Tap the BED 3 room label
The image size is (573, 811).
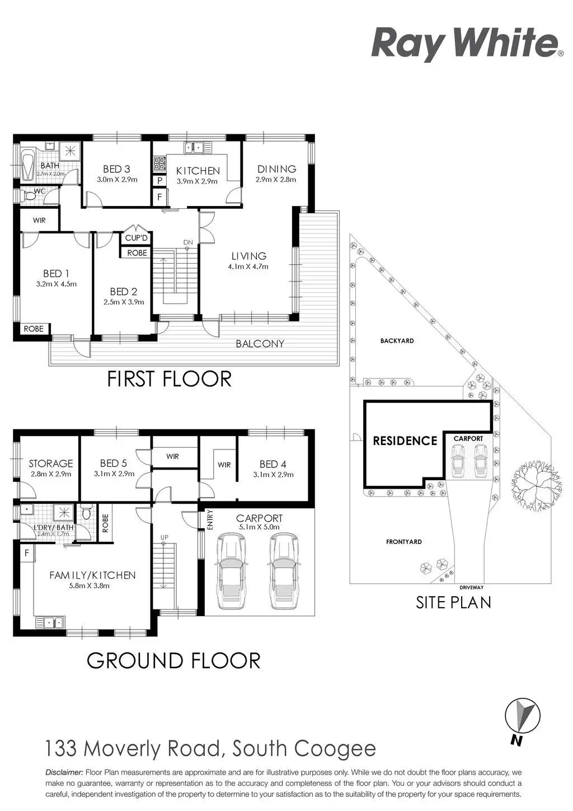pyautogui.click(x=116, y=169)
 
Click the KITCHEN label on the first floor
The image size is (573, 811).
pyautogui.click(x=198, y=171)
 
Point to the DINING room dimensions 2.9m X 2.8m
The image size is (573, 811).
pyautogui.click(x=276, y=180)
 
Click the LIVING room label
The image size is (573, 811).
pyautogui.click(x=249, y=256)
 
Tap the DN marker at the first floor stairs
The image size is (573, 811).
pyautogui.click(x=188, y=242)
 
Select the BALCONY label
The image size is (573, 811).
pyautogui.click(x=260, y=344)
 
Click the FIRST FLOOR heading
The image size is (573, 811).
pyautogui.click(x=169, y=379)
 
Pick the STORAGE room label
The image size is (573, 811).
pyautogui.click(x=51, y=463)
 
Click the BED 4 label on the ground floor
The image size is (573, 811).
pyautogui.click(x=273, y=464)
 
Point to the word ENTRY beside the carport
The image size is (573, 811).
pyautogui.click(x=210, y=520)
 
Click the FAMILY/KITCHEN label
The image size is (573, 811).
pyautogui.click(x=92, y=575)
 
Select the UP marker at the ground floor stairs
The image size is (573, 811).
pyautogui.click(x=165, y=538)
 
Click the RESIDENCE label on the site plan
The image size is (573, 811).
pyautogui.click(x=405, y=441)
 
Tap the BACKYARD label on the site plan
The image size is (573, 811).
pyautogui.click(x=397, y=340)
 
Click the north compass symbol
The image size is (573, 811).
pyautogui.click(x=523, y=716)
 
